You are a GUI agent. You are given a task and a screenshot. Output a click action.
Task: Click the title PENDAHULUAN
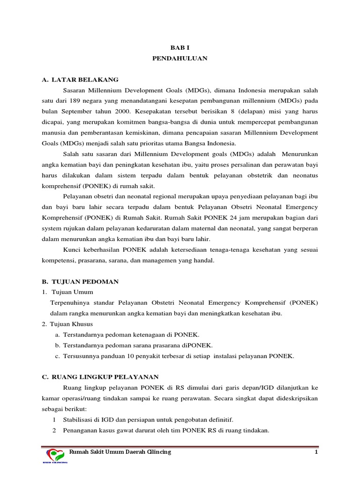pos(180,59)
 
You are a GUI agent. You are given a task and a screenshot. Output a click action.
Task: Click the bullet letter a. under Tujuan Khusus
pos(57,334)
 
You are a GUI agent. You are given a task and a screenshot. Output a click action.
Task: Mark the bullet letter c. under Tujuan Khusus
pos(57,356)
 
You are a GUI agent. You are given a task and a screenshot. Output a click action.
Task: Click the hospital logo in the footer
pos(56,455)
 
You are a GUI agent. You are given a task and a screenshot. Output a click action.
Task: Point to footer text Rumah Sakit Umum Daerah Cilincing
pos(120,452)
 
